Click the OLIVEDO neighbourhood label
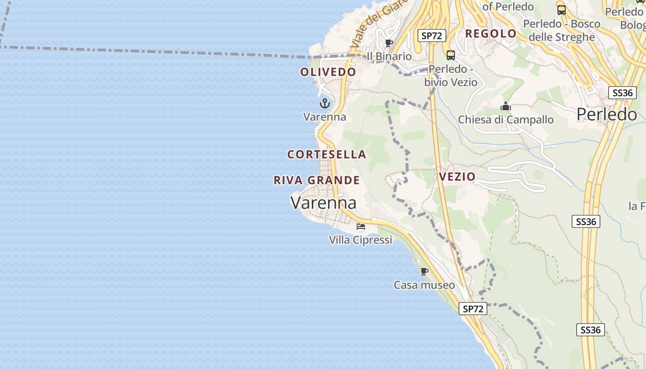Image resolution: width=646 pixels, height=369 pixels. [x=328, y=72]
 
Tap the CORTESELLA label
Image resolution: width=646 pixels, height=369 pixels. [x=327, y=155]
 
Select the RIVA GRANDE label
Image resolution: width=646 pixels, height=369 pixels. [x=317, y=180]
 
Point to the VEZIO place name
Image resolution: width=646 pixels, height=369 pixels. [x=457, y=177]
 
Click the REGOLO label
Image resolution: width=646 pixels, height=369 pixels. [x=490, y=34]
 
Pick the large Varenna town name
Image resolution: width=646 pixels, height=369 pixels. [x=323, y=202]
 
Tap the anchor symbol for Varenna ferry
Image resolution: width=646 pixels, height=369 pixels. [x=324, y=103]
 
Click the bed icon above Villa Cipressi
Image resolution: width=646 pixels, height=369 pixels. [x=360, y=226]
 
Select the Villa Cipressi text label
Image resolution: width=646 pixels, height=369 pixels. [x=360, y=240]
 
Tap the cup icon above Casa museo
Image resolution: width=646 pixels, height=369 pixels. [x=425, y=271]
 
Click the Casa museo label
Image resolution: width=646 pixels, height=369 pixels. [x=424, y=285]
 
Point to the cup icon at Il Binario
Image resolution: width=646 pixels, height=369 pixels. [x=389, y=43]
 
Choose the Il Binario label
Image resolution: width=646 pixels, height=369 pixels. [x=389, y=56]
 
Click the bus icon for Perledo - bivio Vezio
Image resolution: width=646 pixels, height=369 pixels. [x=451, y=55]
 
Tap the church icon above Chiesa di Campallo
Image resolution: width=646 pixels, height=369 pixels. [x=506, y=107]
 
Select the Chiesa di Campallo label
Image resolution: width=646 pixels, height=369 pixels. [x=506, y=120]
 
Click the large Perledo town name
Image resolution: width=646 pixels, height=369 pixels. [x=607, y=114]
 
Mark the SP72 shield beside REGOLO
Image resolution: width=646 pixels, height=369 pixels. [x=431, y=36]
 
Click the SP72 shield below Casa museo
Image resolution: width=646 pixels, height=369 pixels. [x=473, y=309]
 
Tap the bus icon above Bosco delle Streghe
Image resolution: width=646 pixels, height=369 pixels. [x=562, y=10]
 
